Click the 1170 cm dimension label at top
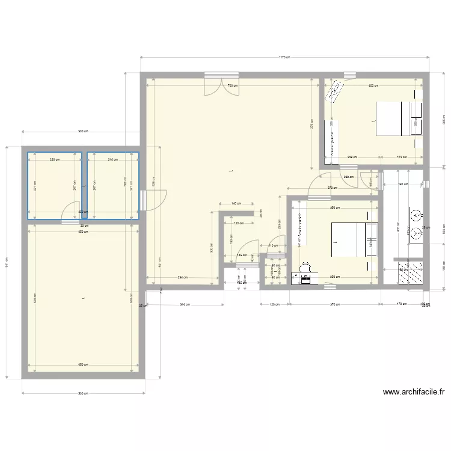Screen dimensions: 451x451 coord(284,58)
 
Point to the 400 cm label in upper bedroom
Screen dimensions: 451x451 coord(373,85)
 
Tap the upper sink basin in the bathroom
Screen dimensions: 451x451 coord(416,213)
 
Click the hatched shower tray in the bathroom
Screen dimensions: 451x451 coord(411,272)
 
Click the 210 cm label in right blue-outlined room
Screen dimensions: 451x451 coord(112,159)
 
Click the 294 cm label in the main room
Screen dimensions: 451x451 coord(182,277)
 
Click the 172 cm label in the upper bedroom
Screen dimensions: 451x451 coord(400,158)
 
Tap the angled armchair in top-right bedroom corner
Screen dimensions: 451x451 coord(334,92)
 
